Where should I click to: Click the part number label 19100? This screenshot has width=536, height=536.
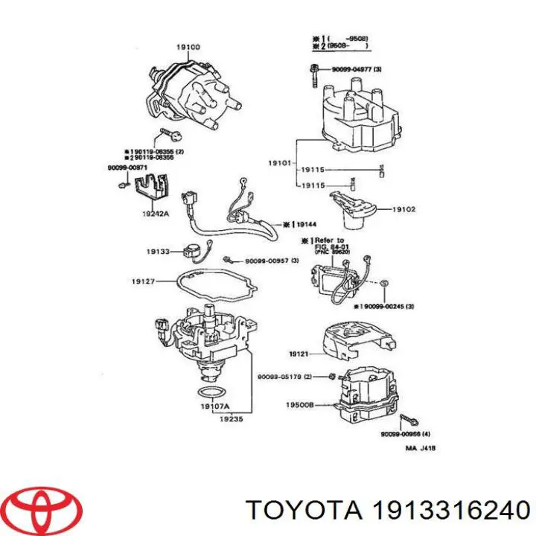pos(188,48)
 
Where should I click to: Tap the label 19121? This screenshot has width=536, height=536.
pos(299,355)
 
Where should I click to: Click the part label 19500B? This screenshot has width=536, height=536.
pos(298,406)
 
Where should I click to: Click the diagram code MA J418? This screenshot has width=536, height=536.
pos(421,448)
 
